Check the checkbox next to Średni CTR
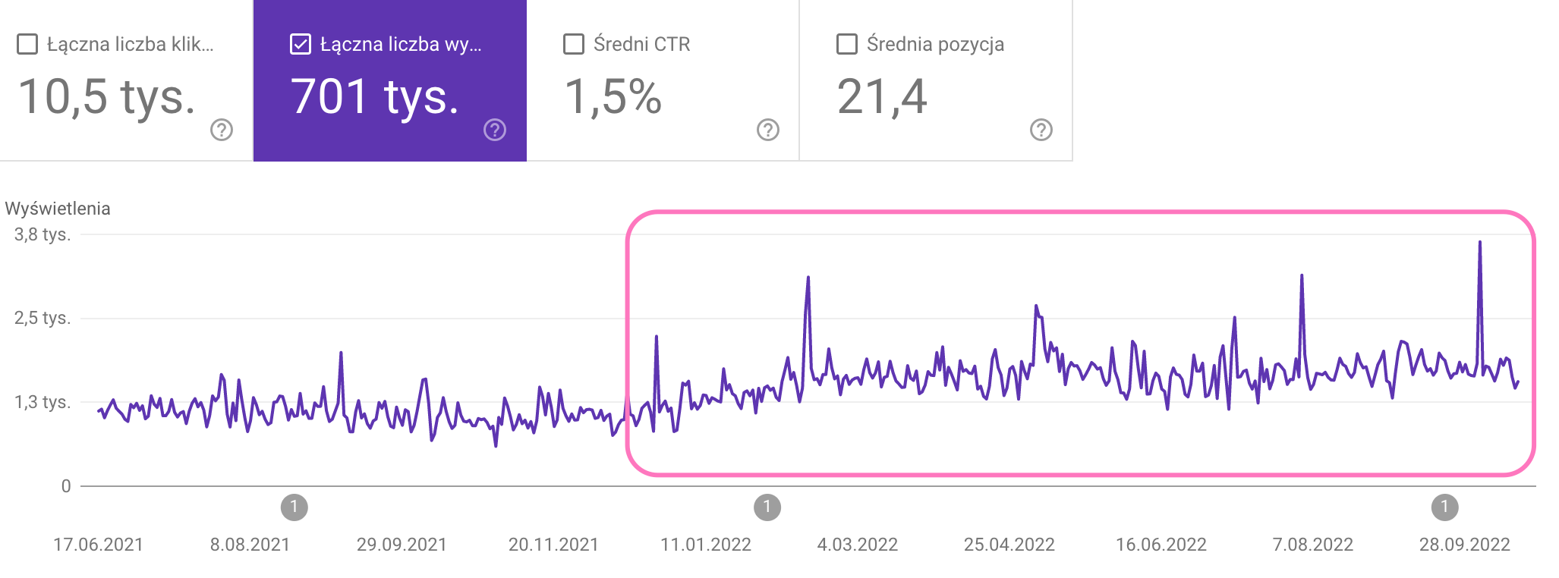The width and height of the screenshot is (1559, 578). (x=574, y=44)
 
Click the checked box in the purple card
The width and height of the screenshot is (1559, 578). (x=301, y=44)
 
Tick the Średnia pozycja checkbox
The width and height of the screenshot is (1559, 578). (x=847, y=44)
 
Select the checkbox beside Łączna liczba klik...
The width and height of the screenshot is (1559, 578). (x=27, y=44)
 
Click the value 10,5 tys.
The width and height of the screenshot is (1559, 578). (x=106, y=97)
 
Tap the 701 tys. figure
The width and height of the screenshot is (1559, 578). (x=375, y=97)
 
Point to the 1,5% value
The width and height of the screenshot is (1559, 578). (x=613, y=97)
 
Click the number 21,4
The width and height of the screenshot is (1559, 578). (x=882, y=97)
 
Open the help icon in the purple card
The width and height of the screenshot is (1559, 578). (x=495, y=130)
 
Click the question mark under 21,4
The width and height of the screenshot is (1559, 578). (x=1041, y=130)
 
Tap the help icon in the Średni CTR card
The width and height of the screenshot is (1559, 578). (x=768, y=130)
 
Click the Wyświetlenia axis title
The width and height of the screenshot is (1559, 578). (x=58, y=209)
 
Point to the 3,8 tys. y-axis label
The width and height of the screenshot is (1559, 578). (x=43, y=234)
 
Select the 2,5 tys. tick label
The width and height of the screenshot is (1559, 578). (x=43, y=318)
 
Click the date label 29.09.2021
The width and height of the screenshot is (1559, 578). (x=402, y=545)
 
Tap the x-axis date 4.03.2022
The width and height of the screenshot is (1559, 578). (x=857, y=545)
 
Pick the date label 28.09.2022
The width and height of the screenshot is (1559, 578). (x=1464, y=545)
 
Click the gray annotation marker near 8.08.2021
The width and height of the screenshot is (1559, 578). (x=294, y=507)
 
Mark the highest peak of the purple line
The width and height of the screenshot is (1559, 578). (x=1480, y=243)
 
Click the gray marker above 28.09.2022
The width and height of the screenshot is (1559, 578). (x=1444, y=507)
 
